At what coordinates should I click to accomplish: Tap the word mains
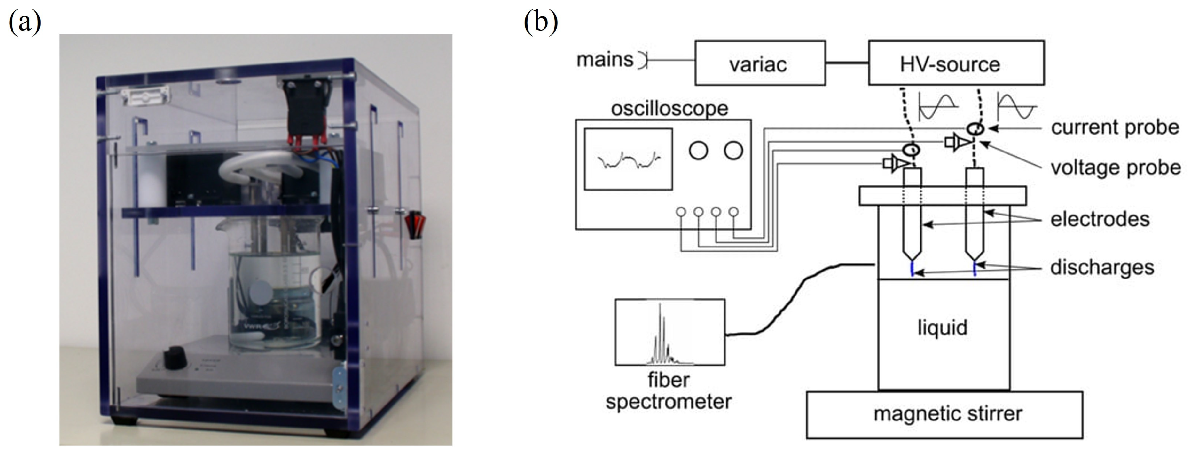[x=605, y=60]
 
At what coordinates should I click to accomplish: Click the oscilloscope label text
[x=669, y=108]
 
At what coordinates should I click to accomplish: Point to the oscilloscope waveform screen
[x=628, y=159]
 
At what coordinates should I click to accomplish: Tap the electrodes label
[x=1100, y=219]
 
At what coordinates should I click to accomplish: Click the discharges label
[x=1102, y=267]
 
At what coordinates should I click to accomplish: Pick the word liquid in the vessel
[x=942, y=328]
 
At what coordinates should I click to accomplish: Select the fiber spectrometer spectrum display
[x=669, y=332]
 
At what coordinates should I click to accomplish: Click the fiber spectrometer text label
[x=668, y=390]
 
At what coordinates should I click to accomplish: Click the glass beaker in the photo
[x=273, y=292]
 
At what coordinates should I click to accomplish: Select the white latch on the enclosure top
[x=145, y=98]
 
